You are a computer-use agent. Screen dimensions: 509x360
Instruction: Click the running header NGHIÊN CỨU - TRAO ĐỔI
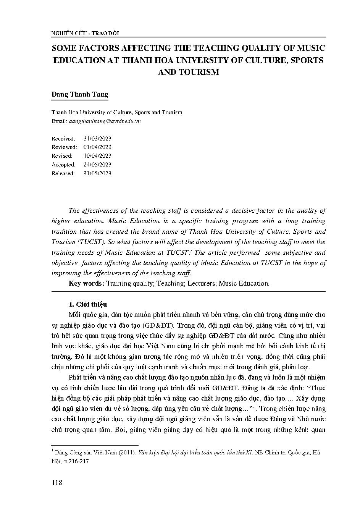[x=85, y=33]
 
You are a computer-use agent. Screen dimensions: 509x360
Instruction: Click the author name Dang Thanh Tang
[x=80, y=95]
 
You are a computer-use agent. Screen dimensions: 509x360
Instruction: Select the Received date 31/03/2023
[x=97, y=138]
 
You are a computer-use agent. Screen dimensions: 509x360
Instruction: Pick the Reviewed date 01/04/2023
[x=97, y=147]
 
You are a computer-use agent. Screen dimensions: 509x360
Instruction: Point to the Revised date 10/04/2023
[x=97, y=156]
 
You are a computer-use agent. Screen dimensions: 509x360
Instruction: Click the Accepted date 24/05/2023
[x=97, y=165]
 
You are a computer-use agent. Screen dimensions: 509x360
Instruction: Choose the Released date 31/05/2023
[x=97, y=173]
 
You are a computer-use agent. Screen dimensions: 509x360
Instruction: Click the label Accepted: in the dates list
[x=63, y=165]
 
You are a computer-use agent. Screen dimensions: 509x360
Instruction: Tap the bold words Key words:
[x=86, y=283]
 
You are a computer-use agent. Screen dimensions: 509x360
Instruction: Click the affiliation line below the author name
[x=117, y=112]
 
